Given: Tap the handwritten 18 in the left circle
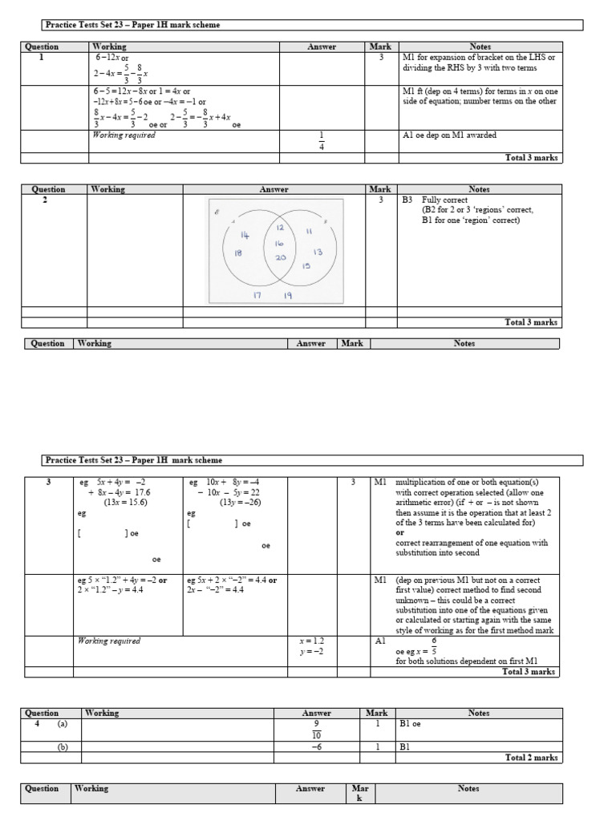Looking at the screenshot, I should (x=238, y=253).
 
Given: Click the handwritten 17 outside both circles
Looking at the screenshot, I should (x=258, y=294).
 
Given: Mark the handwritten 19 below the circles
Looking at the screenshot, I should (x=286, y=295).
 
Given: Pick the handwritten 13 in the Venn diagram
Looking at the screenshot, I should (x=318, y=251).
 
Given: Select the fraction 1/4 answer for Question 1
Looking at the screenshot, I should (x=322, y=141).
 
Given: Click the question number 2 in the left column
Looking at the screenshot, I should (x=45, y=200).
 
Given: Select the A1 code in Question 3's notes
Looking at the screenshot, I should (x=380, y=641).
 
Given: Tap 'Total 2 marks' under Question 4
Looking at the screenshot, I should (x=532, y=757).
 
